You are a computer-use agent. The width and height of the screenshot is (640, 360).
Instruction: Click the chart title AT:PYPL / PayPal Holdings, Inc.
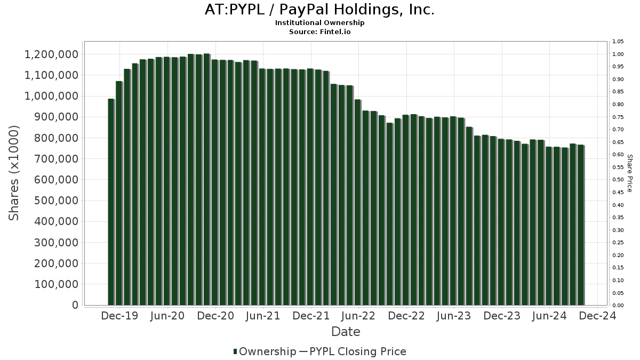pyautogui.click(x=319, y=10)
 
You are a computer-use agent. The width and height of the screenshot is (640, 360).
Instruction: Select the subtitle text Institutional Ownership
pyautogui.click(x=319, y=23)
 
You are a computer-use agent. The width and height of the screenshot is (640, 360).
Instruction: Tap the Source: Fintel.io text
pyautogui.click(x=319, y=31)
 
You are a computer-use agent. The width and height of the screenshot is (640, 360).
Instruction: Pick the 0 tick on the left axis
pyautogui.click(x=75, y=305)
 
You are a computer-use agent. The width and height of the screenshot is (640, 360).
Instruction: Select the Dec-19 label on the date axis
pyautogui.click(x=120, y=316)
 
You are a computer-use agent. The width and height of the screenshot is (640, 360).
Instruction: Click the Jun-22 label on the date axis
pyautogui.click(x=358, y=316)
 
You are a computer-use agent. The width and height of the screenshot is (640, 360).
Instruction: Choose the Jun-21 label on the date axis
pyautogui.click(x=263, y=316)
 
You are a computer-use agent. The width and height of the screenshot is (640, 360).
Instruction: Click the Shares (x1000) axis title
pyautogui.click(x=14, y=173)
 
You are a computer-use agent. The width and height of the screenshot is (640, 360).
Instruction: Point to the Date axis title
pyautogui.click(x=346, y=332)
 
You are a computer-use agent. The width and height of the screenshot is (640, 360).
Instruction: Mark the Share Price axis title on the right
pyautogui.click(x=629, y=173)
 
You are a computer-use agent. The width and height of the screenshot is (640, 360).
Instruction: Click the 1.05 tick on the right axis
pyautogui.click(x=618, y=42)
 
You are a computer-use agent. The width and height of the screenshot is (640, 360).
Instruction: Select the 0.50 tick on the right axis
pyautogui.click(x=618, y=180)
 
